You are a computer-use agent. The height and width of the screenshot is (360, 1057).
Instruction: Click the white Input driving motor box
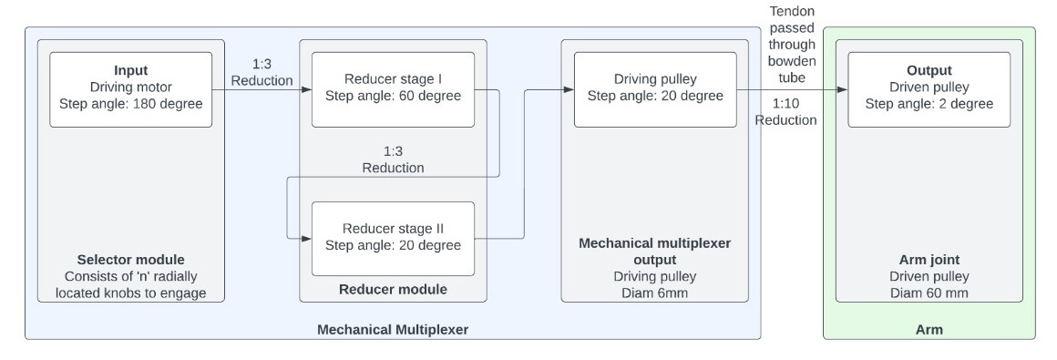click(x=131, y=89)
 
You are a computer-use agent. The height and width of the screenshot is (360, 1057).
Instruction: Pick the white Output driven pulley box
click(x=929, y=89)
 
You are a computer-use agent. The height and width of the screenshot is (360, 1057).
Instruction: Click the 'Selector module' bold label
click(x=131, y=260)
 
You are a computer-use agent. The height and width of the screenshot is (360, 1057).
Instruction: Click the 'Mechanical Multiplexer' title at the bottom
click(x=393, y=329)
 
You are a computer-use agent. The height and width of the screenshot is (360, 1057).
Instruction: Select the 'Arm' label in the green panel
click(x=929, y=329)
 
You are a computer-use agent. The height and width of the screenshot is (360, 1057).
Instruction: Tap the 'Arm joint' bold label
click(x=929, y=260)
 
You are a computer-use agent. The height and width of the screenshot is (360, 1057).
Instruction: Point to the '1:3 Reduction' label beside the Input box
click(x=262, y=73)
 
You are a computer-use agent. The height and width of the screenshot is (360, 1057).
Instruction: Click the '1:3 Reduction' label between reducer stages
click(x=393, y=159)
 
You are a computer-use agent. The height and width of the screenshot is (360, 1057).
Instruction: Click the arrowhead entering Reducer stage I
click(x=306, y=89)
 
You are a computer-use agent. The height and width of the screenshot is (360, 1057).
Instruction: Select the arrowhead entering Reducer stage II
click(x=306, y=238)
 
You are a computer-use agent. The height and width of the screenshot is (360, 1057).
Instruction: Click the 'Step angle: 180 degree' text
click(x=131, y=104)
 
